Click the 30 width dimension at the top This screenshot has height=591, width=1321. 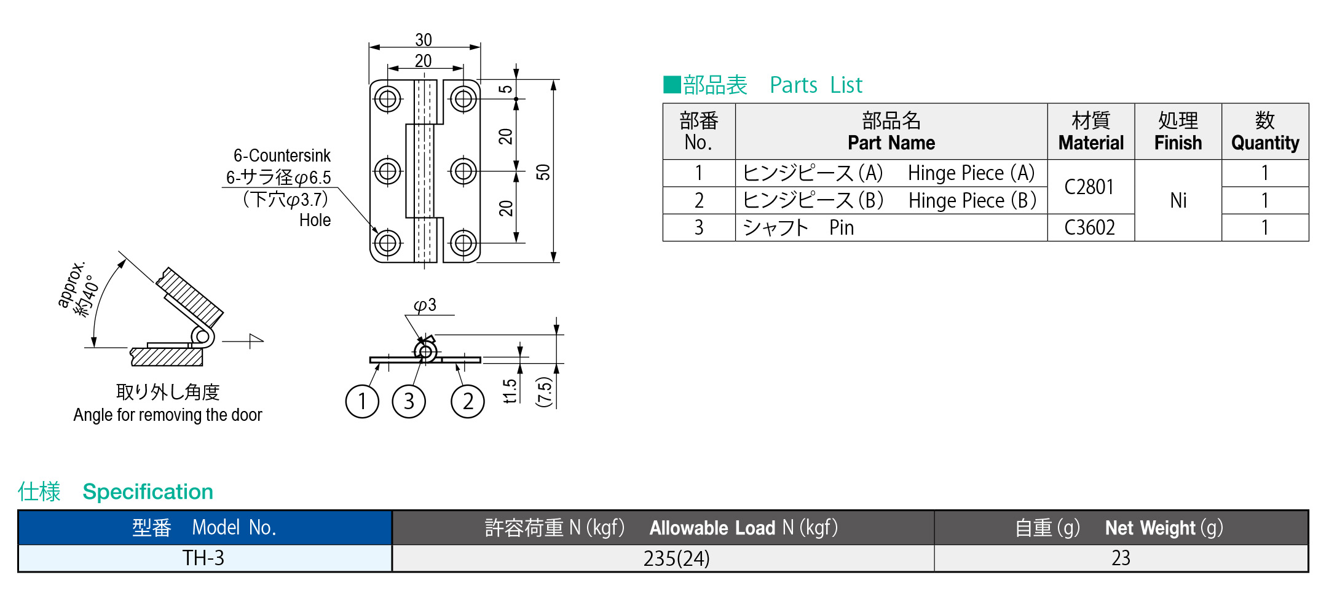tap(424, 40)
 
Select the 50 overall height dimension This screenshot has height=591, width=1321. tap(543, 172)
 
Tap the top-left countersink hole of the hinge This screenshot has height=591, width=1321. tap(388, 99)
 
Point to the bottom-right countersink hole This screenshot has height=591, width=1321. tap(463, 243)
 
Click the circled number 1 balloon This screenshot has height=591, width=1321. tap(362, 402)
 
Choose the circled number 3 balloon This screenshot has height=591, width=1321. tap(409, 402)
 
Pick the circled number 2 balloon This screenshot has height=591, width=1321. tap(468, 402)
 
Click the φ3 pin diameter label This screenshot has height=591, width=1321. tap(425, 305)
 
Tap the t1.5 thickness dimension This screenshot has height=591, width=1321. tap(510, 391)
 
